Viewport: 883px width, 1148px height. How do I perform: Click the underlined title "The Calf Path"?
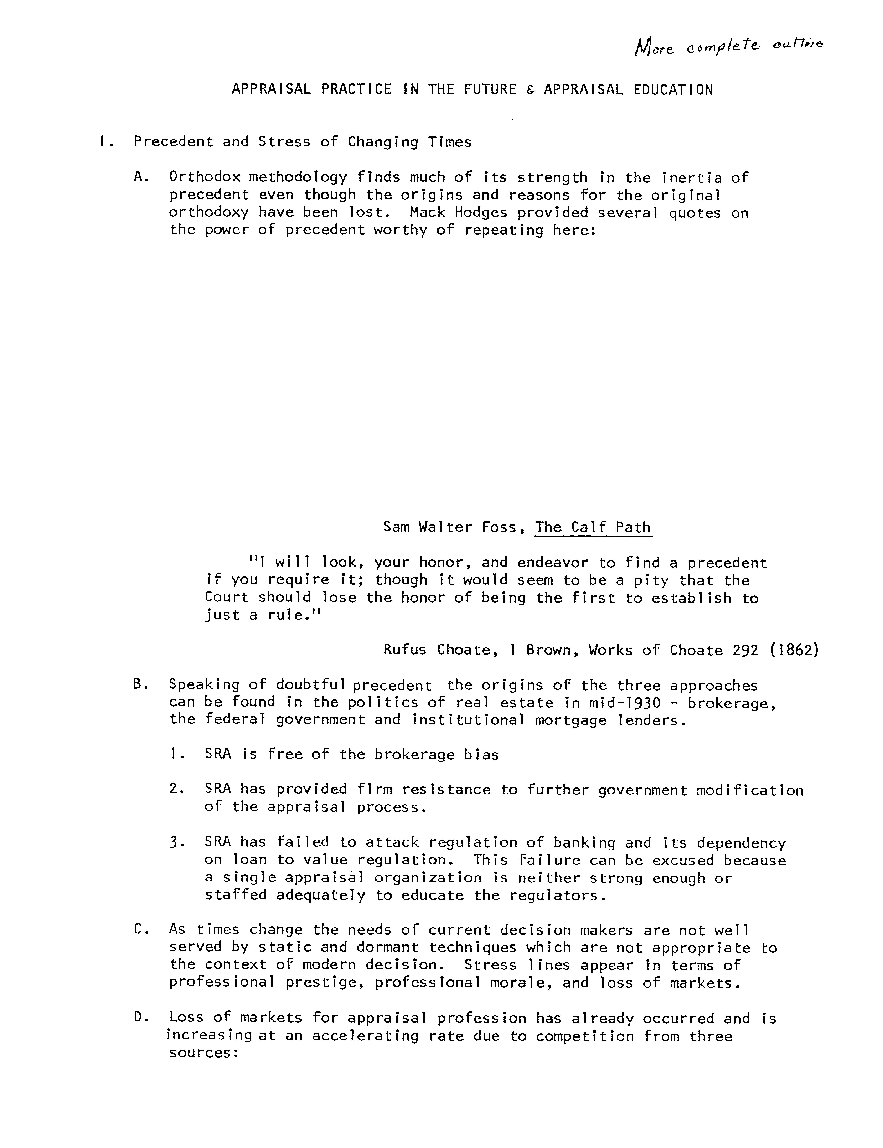(593, 527)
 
